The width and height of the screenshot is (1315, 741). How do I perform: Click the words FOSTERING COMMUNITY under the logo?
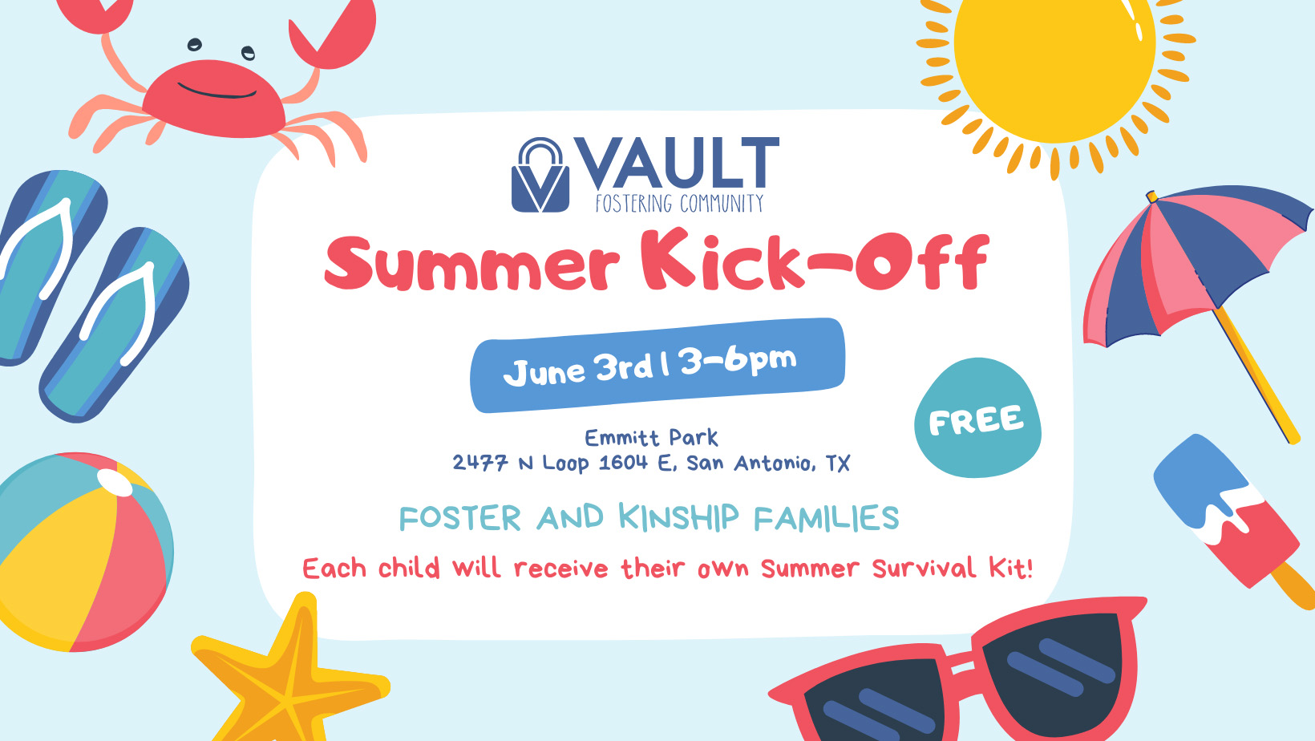coord(679,203)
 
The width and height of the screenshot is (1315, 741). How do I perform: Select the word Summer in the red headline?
coord(471,264)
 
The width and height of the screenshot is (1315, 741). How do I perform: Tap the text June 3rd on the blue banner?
coord(578,369)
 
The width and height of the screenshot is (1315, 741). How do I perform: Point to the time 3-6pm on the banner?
coord(738,359)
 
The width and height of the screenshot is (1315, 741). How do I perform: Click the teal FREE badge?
coord(977,418)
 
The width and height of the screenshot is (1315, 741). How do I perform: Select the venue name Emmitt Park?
coord(651,437)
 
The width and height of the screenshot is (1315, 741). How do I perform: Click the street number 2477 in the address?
coord(480,463)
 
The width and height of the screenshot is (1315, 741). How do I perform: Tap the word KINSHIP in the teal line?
coord(678,517)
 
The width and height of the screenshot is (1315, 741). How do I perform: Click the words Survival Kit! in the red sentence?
coord(953,569)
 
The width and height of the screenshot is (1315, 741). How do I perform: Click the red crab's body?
coord(214,98)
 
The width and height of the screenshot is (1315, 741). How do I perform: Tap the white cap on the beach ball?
coord(115,484)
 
